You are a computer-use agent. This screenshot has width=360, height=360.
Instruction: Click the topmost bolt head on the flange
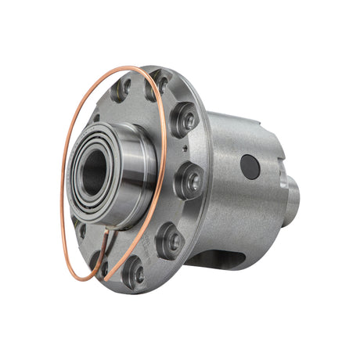coord(161,81)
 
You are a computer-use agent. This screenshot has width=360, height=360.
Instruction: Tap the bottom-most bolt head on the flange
coord(135,273)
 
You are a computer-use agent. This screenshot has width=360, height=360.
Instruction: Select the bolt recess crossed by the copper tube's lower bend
coord(96,258)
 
